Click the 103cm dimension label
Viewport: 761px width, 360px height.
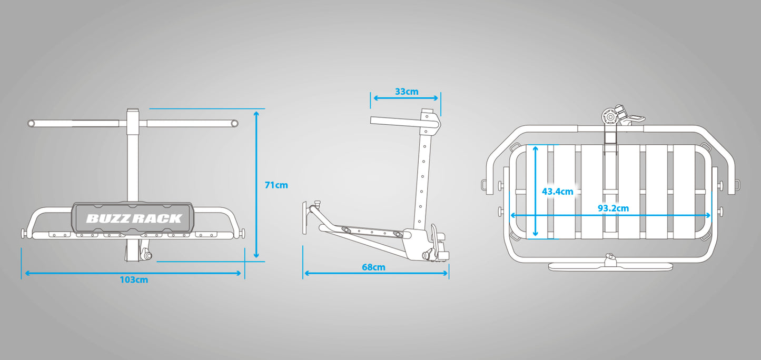click(x=134, y=280)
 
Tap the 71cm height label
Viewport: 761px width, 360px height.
click(x=276, y=185)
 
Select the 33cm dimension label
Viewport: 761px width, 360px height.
click(x=407, y=92)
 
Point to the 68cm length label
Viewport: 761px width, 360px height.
click(x=374, y=267)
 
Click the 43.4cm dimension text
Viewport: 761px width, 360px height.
click(x=558, y=192)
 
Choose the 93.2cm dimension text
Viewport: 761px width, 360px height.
click(x=613, y=208)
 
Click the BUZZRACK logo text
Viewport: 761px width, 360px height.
click(x=134, y=218)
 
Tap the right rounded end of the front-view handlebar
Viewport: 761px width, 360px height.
click(x=234, y=123)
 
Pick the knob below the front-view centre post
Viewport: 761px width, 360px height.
click(x=146, y=254)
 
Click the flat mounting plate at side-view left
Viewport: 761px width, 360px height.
click(x=304, y=217)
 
